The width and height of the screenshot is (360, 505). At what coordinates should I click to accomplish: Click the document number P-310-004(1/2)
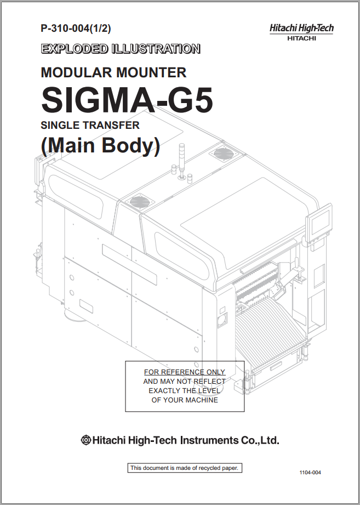pyautogui.click(x=76, y=29)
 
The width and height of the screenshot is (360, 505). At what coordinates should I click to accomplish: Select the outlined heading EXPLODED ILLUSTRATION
pyautogui.click(x=121, y=49)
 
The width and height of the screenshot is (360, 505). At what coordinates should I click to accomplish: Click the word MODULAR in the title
pyautogui.click(x=72, y=72)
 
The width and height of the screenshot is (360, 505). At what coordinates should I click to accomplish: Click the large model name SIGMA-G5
pyautogui.click(x=127, y=100)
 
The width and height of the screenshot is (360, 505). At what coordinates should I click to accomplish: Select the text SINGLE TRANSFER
pyautogui.click(x=90, y=125)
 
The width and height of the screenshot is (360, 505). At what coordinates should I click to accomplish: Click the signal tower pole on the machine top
pyautogui.click(x=182, y=160)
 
